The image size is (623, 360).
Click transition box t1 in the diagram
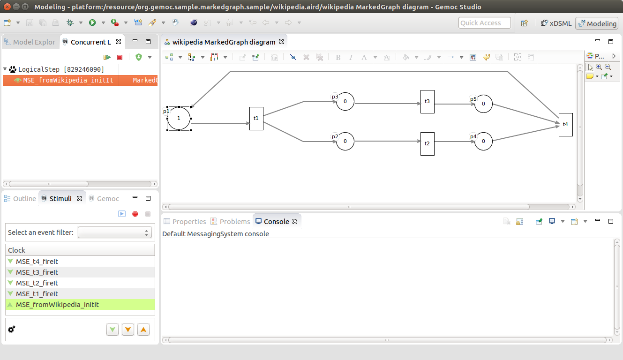pyautogui.click(x=256, y=119)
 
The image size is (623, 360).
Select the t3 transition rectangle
pyautogui.click(x=428, y=102)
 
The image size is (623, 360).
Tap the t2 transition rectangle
pyautogui.click(x=428, y=143)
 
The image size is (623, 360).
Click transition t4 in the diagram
pyautogui.click(x=566, y=125)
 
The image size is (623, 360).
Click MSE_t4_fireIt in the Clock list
pyautogui.click(x=37, y=262)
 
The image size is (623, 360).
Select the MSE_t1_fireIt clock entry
pyautogui.click(x=37, y=294)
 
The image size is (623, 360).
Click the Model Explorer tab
pyautogui.click(x=30, y=42)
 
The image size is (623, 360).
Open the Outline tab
pyautogui.click(x=20, y=199)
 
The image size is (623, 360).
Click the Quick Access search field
pyautogui.click(x=485, y=23)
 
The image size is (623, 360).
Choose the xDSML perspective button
pyautogui.click(x=556, y=23)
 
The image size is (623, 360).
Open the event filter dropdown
pyautogui.click(x=114, y=232)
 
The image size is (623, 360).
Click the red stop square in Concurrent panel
pyautogui.click(x=120, y=57)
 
